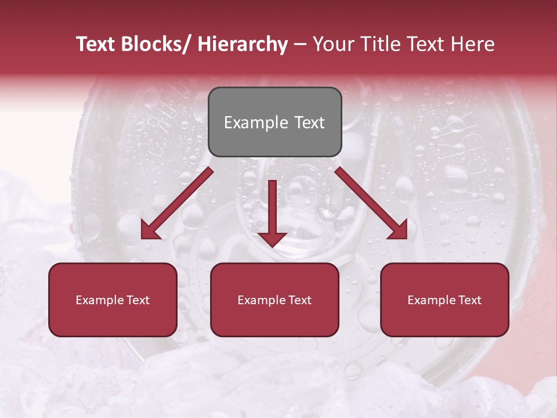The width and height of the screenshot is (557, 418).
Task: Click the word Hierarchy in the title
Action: tap(243, 45)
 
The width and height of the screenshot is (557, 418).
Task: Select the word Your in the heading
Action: tap(334, 45)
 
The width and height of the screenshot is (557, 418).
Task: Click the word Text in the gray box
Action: tap(309, 123)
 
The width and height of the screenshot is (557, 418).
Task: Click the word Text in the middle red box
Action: tap(299, 300)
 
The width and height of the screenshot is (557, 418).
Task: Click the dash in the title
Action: tap(300, 45)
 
